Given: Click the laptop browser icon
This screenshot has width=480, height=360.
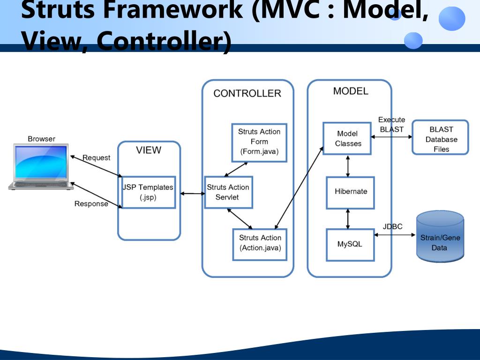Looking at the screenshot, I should tap(41, 167).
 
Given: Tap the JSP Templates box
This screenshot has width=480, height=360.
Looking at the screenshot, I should tap(148, 192).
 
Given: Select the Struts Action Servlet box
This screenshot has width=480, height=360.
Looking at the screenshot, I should tap(229, 192).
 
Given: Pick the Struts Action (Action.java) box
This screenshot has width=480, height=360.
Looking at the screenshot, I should tap(260, 243).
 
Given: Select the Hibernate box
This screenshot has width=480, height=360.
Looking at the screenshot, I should tap(351, 192).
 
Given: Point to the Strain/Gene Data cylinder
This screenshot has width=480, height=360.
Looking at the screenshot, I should tap(440, 237).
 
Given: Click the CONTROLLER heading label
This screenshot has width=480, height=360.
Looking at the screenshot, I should tap(247, 93).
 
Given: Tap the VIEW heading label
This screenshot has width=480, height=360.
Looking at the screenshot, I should tap(149, 150).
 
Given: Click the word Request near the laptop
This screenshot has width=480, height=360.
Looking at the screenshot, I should tap(97, 158).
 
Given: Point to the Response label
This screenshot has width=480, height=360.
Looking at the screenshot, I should tap(91, 204).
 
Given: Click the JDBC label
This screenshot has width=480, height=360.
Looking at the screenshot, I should tap(392, 226).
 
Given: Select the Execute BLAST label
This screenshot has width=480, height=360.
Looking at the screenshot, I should tap(391, 125).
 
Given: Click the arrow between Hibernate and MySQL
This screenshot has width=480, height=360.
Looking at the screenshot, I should tap(348, 218).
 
